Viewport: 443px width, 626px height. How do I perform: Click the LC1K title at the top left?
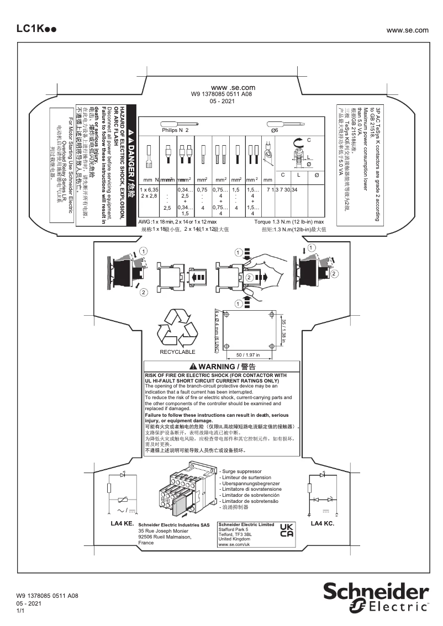[35, 29]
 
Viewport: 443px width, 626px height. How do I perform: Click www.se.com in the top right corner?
[408, 30]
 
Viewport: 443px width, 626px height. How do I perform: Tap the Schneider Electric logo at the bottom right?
[376, 597]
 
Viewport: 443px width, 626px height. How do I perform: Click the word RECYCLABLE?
[177, 352]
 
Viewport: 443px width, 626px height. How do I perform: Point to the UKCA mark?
[287, 530]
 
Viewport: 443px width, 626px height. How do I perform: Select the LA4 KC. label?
[323, 523]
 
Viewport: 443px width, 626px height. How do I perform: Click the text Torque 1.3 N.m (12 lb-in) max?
[289, 221]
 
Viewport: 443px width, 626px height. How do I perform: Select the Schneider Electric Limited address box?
[246, 534]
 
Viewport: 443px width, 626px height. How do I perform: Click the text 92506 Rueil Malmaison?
[165, 537]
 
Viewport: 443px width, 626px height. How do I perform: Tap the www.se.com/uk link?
[235, 544]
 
